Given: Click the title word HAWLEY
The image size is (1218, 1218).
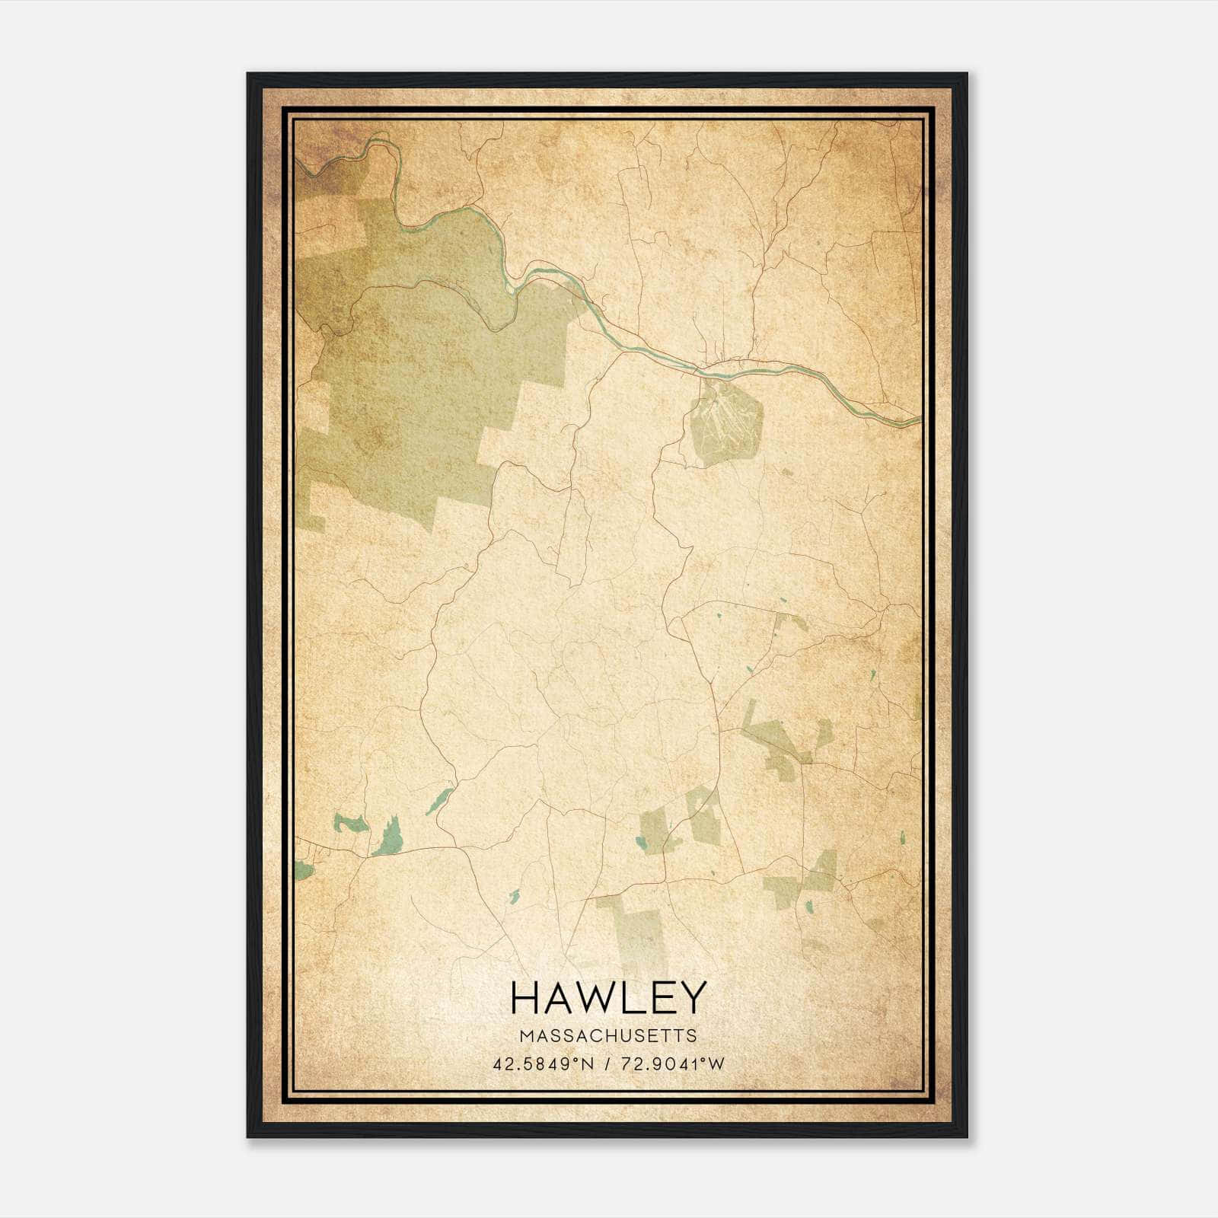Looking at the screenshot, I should point(608,997).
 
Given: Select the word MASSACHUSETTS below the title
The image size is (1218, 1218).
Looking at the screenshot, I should point(608,1035).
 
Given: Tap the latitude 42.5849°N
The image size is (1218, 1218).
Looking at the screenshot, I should point(543,1064).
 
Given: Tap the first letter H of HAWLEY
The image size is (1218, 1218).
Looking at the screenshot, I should point(525,997).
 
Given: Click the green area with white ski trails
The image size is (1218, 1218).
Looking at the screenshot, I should point(724,422).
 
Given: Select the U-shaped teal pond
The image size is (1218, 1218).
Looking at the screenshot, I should point(350,823).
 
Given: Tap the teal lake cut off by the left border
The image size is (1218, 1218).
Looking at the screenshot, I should point(302,870).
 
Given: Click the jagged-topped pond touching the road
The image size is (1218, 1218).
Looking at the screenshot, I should point(389,837).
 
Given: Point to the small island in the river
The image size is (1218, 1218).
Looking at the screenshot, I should point(510,289).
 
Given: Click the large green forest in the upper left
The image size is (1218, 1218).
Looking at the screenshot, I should point(403,381).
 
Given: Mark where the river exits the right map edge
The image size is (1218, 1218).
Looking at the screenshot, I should point(918,419).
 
